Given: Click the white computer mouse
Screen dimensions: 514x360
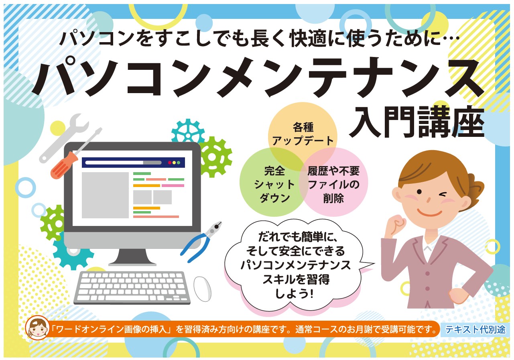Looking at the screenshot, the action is (202, 289).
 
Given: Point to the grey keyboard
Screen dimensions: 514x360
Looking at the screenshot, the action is (132, 288).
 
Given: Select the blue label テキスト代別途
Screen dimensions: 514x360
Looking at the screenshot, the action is (475, 330).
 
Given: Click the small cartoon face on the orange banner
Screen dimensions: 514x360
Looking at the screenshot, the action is (37, 328).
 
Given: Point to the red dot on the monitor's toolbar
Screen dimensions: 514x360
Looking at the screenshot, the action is (170, 163).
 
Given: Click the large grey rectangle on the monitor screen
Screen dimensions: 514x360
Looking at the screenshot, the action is (105, 195).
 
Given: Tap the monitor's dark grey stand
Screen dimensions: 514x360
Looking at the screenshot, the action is (132, 257).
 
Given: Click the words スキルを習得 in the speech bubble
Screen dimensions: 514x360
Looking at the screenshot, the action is (296, 279).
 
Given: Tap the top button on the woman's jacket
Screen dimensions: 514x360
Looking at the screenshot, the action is (427, 273).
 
